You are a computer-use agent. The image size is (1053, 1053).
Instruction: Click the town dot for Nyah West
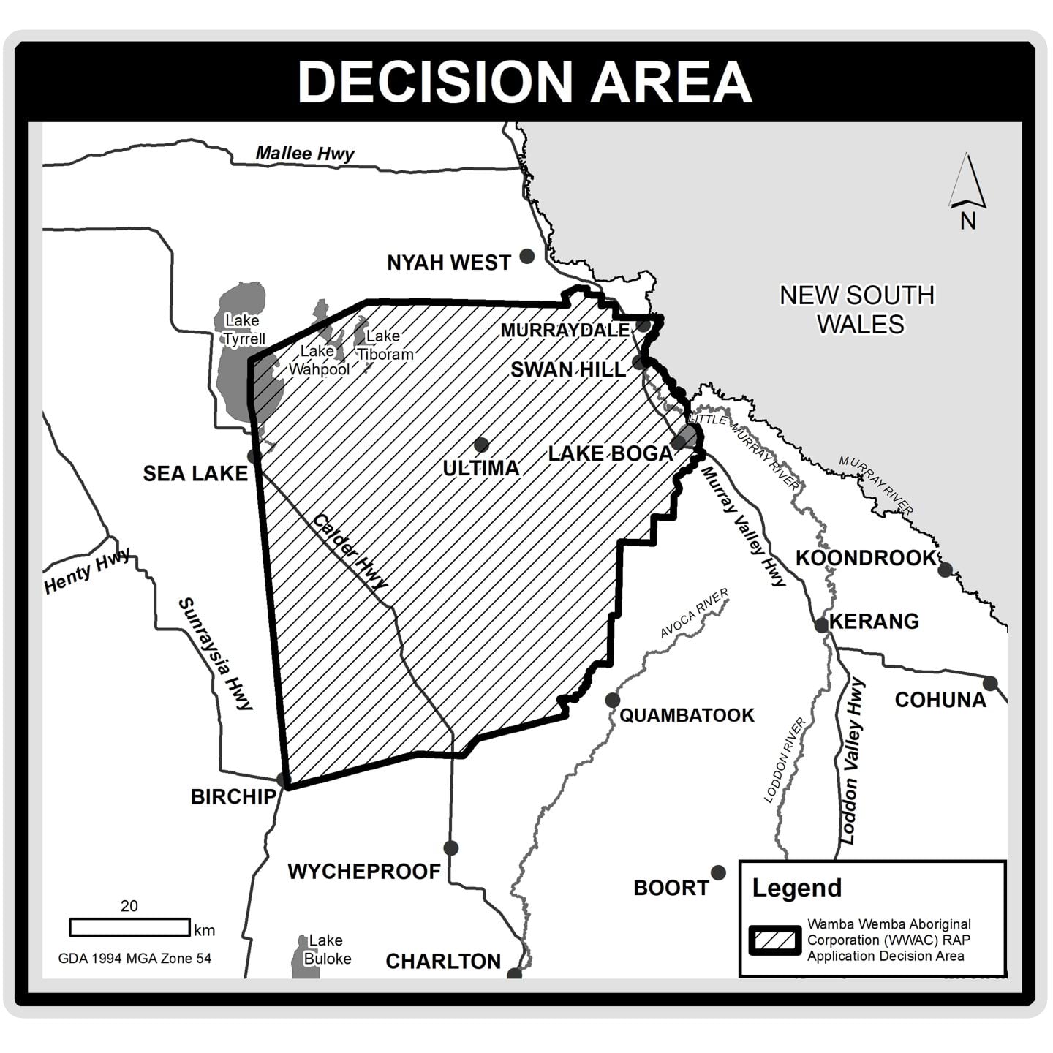pos(526,256)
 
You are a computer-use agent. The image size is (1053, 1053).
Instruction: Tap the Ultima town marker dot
pos(481,445)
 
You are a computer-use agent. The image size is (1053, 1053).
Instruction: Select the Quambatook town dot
pos(612,701)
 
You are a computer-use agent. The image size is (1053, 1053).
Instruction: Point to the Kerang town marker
pos(822,625)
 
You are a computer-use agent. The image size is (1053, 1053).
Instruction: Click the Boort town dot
pos(718,872)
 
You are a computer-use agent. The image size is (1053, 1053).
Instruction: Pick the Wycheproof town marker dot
pos(450,848)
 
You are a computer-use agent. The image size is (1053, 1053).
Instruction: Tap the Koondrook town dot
pos(945,569)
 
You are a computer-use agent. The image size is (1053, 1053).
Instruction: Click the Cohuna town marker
pos(990,684)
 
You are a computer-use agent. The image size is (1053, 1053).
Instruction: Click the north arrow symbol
pos(967,183)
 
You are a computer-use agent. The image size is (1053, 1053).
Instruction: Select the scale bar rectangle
pos(129,927)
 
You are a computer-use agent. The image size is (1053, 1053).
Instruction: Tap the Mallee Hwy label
pos(305,154)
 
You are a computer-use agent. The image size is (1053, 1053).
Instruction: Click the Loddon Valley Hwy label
pos(853,760)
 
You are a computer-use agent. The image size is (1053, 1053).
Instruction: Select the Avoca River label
pos(694,613)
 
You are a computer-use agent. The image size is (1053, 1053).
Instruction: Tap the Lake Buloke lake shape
pos(300,958)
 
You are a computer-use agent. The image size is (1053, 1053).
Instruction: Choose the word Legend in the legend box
pos(797,888)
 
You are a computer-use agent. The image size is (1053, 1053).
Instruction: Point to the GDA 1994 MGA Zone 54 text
pos(135,958)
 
